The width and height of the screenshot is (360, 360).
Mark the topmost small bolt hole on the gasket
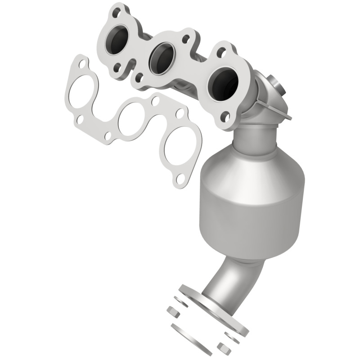coord(81,64)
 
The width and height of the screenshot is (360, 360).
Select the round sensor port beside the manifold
coord(275,85)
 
